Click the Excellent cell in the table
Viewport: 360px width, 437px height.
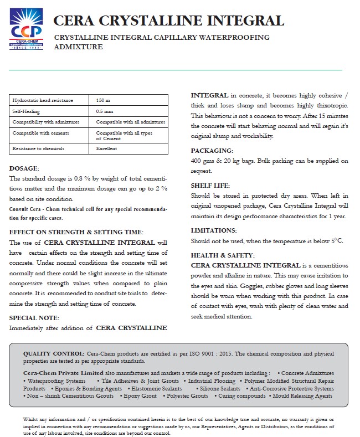click(106, 148)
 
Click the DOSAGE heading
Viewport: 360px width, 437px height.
click(24, 168)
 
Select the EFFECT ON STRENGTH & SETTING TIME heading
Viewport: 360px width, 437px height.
click(76, 232)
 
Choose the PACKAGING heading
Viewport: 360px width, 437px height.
click(212, 151)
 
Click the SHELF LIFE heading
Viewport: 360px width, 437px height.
click(210, 186)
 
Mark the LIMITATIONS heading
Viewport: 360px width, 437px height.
click(214, 230)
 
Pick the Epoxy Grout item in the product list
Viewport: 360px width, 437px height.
click(140, 396)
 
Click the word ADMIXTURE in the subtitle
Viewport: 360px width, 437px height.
click(79, 48)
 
